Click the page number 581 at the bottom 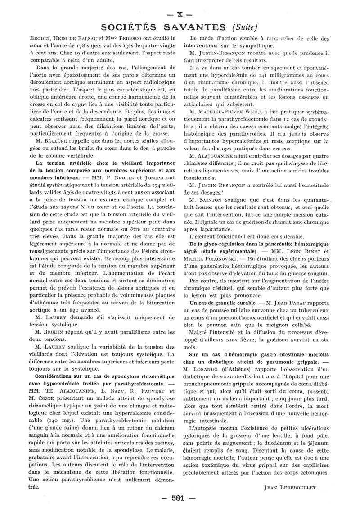coord(179,498)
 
